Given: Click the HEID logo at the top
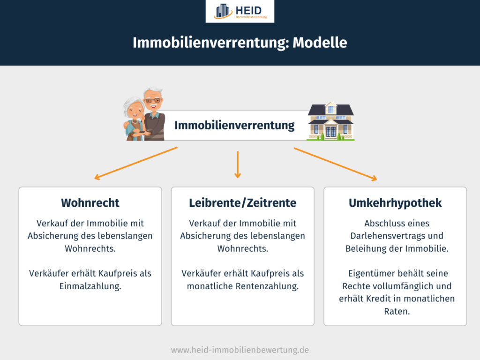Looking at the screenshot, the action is tap(240, 11).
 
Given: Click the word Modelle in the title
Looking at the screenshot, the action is tap(320, 43).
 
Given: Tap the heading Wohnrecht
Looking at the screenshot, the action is tap(90, 202).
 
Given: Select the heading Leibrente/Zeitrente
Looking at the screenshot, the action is tap(242, 202).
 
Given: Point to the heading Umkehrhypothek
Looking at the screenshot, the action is tap(395, 203).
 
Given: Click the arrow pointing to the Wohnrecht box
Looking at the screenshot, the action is tap(136, 163).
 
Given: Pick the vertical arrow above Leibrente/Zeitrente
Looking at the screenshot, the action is tap(238, 165).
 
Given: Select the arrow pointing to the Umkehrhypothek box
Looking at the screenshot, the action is tap(336, 165).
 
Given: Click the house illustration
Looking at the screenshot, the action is tap(330, 121).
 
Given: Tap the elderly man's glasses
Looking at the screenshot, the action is tap(153, 100).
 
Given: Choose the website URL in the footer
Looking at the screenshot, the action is tap(240, 350).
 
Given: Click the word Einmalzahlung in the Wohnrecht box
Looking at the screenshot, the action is tap(90, 286).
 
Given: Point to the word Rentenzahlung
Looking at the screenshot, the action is tap(267, 286).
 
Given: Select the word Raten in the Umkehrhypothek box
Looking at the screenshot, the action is tap(397, 311).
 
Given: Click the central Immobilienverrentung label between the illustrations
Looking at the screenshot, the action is tap(234, 125).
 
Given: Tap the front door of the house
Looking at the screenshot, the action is tap(330, 131).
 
